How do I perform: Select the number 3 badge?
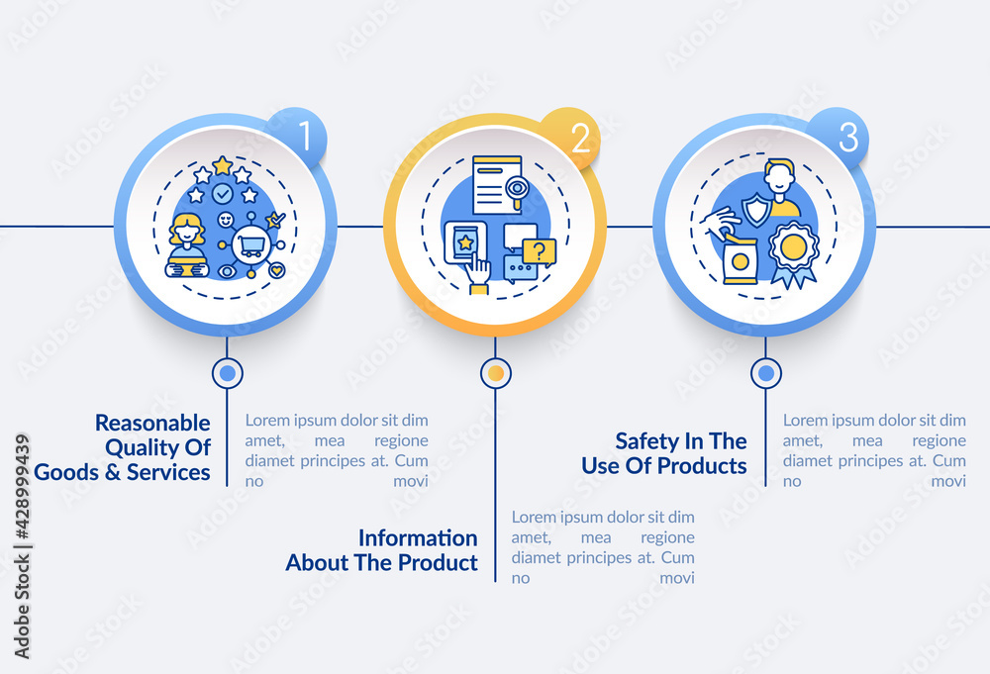pyautogui.click(x=847, y=138)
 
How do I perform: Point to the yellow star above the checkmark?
pyautogui.click(x=223, y=165)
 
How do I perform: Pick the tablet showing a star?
pyautogui.click(x=465, y=243)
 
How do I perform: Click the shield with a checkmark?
pyautogui.click(x=757, y=209)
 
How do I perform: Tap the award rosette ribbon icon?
pyautogui.click(x=793, y=252)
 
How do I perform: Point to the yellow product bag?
pyautogui.click(x=740, y=259)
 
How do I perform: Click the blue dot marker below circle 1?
pyautogui.click(x=228, y=373)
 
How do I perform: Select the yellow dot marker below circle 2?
pyautogui.click(x=496, y=373)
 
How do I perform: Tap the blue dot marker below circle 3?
pyautogui.click(x=765, y=373)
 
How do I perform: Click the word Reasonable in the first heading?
pyautogui.click(x=152, y=423)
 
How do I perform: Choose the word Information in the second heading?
pyautogui.click(x=417, y=537)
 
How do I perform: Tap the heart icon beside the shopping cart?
pyautogui.click(x=278, y=269)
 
